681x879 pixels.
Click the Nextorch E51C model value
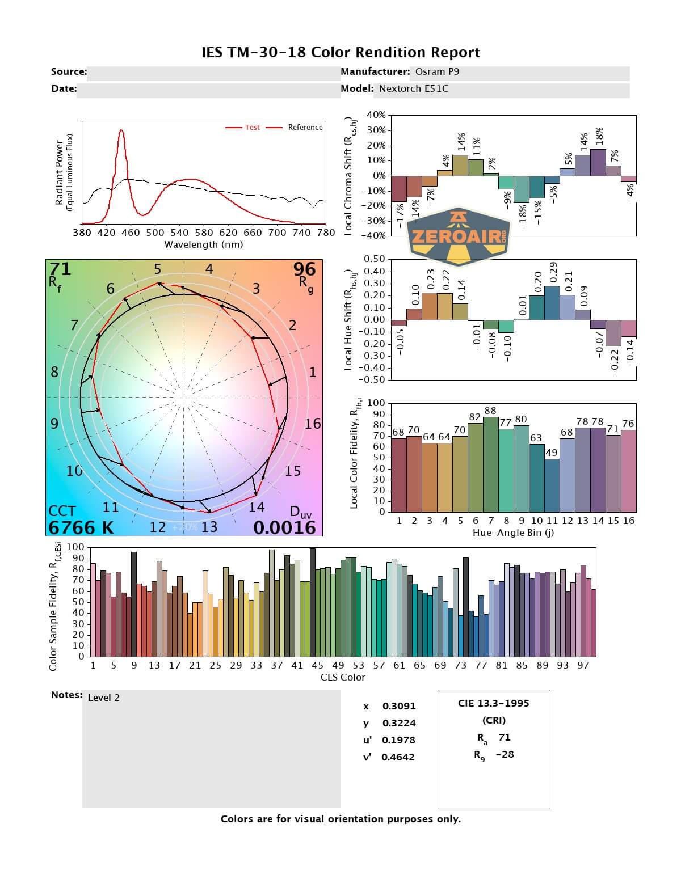click(414, 88)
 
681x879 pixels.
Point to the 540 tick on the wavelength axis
click(179, 233)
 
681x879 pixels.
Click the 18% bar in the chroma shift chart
click(598, 162)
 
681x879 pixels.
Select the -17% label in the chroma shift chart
click(400, 216)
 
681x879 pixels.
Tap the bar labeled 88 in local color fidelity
click(491, 464)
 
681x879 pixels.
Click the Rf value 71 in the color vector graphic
click(60, 269)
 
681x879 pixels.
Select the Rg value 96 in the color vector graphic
click(304, 269)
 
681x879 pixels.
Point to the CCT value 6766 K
click(81, 527)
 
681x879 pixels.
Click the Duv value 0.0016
click(284, 527)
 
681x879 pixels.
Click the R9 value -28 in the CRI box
click(505, 754)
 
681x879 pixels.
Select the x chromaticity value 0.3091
click(399, 706)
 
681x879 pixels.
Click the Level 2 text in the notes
click(104, 698)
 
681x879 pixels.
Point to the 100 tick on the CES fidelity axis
click(75, 547)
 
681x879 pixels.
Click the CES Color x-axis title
click(343, 677)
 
